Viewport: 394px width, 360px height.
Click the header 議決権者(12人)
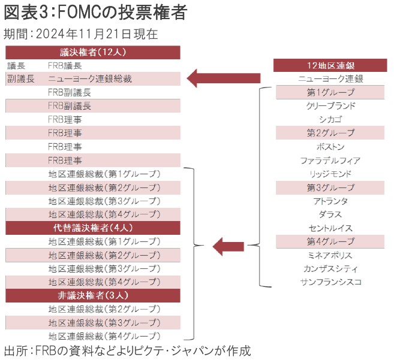93,52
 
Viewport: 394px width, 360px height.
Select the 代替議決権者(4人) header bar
93,228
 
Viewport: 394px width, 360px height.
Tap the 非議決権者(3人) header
93,295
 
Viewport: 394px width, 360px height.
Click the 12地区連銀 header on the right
330,65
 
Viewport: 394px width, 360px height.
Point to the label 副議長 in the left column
20,79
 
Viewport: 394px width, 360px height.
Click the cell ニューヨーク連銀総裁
90,79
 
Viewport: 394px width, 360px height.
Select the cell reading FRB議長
65,66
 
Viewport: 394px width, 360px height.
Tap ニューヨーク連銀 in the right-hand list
330,79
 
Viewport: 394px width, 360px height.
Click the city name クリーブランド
330,105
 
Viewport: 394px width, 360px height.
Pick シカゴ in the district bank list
330,119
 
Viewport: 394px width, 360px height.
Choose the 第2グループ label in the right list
330,132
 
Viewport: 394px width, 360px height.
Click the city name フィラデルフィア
330,160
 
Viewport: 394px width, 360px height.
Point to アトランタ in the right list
330,201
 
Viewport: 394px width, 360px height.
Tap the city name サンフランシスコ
330,282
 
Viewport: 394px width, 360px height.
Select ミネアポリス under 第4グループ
330,255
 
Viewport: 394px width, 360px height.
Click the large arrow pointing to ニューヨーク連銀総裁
223,78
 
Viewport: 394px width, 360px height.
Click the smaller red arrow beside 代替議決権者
228,247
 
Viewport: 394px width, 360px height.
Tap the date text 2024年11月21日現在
97,34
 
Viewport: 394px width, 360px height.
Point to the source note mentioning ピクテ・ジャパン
127,350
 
